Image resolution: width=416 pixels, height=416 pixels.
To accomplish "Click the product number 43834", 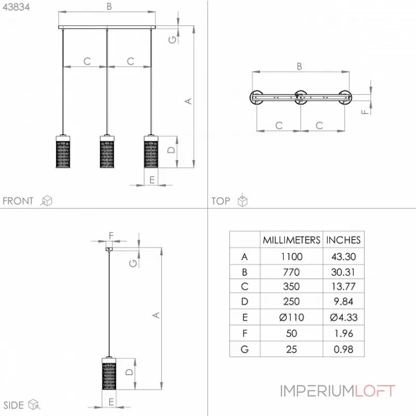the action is click(16, 7).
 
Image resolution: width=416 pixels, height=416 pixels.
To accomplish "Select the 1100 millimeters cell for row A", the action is click(292, 256).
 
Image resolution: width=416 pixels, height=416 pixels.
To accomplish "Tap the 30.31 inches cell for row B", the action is click(343, 272).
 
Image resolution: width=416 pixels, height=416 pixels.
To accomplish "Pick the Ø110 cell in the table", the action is click(291, 317).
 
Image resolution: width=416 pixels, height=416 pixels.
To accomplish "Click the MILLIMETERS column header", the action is click(291, 240).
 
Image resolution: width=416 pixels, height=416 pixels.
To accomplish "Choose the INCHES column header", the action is click(343, 240).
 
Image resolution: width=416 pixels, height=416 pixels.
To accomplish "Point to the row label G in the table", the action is click(244, 349).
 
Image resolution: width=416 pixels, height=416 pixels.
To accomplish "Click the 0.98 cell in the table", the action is click(343, 349).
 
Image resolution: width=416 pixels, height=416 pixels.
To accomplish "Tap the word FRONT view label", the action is click(18, 201).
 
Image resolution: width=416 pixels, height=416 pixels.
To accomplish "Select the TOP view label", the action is click(220, 201).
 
